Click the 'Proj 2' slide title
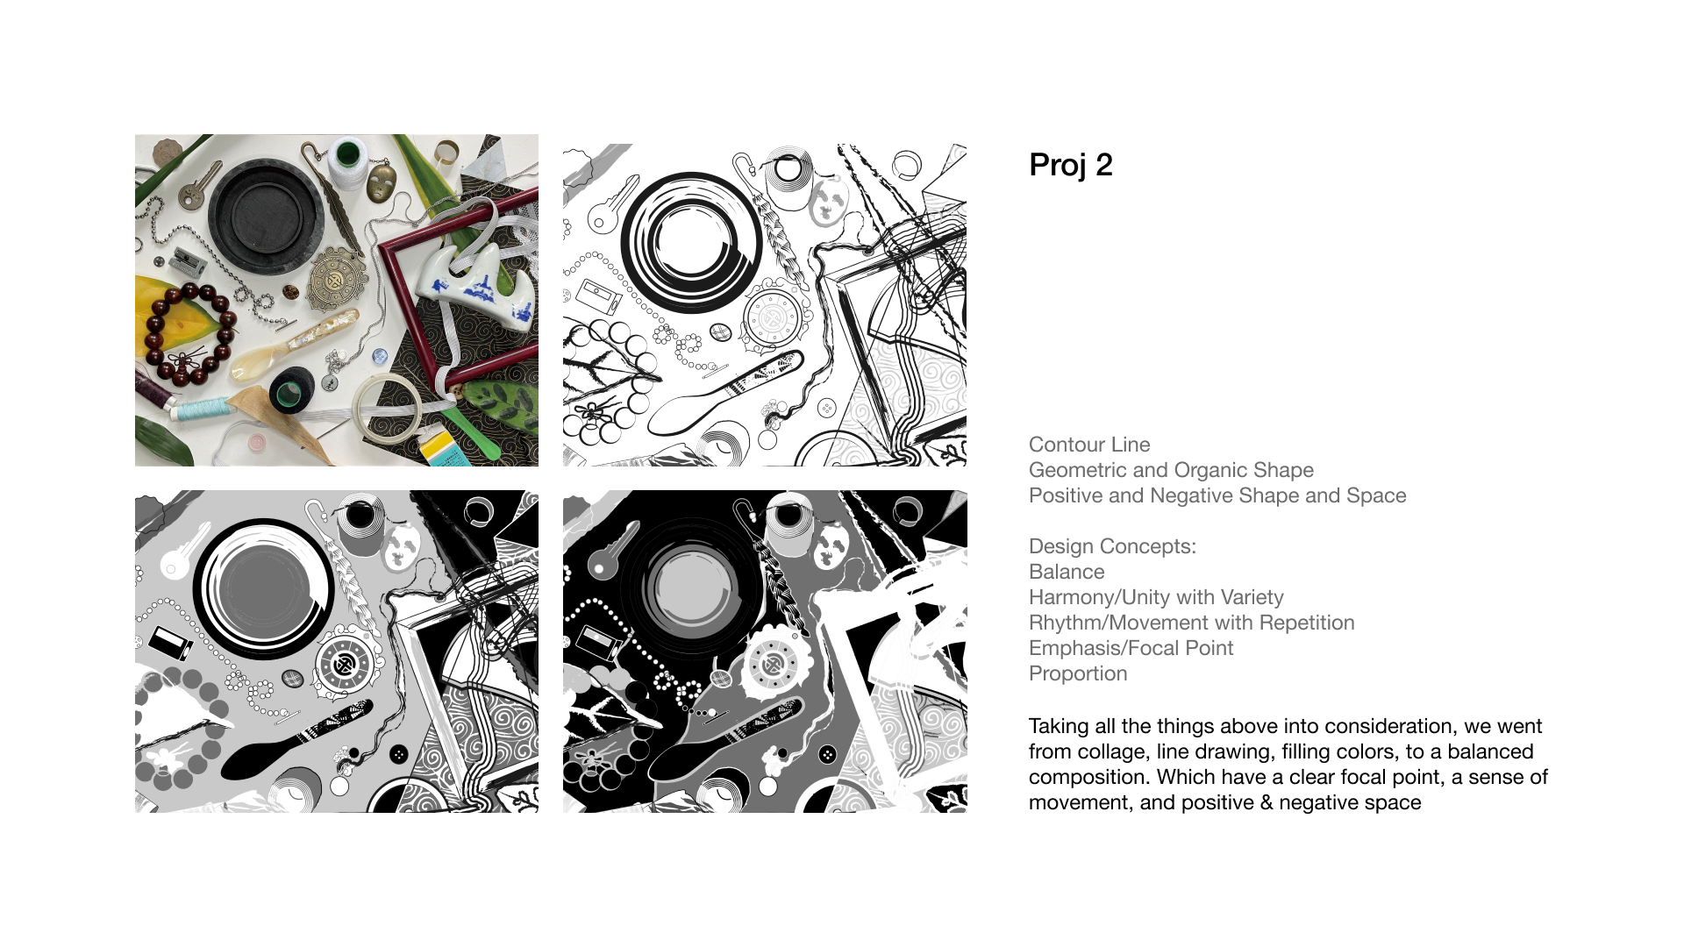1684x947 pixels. point(1070,165)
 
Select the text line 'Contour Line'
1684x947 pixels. point(1089,445)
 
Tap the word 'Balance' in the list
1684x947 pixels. point(1067,572)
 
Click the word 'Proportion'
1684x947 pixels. point(1078,673)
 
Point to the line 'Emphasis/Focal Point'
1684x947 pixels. point(1131,648)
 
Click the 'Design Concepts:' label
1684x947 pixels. point(1112,546)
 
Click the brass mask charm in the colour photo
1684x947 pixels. point(381,182)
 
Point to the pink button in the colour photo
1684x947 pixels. point(256,442)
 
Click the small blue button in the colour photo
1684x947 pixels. point(380,356)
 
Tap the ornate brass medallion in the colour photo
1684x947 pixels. point(334,280)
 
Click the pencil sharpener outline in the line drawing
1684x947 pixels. point(600,297)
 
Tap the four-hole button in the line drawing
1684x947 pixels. point(826,408)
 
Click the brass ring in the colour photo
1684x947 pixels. point(446,151)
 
